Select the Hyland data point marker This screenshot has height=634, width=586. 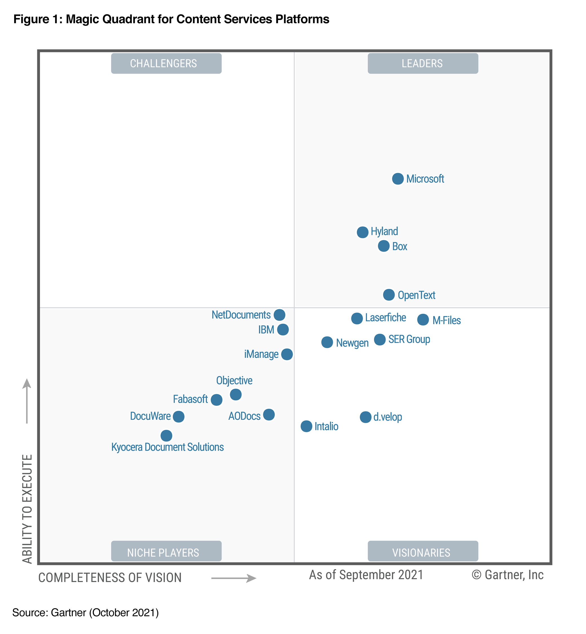[362, 232]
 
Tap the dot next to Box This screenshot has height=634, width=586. [384, 246]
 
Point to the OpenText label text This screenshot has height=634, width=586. [416, 295]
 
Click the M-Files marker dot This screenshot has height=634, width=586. [423, 320]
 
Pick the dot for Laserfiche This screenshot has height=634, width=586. [357, 319]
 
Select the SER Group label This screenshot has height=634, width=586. [409, 339]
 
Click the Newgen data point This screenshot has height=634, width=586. [327, 342]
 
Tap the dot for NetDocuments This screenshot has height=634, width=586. [279, 315]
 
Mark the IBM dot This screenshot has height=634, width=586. [283, 330]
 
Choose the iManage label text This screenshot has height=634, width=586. [261, 354]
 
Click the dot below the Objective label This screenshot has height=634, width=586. [236, 395]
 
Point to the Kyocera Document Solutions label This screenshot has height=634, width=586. [167, 447]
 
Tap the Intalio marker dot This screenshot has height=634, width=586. [306, 426]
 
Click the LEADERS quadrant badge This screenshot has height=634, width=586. [423, 63]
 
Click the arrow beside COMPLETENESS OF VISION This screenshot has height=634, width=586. [234, 578]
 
